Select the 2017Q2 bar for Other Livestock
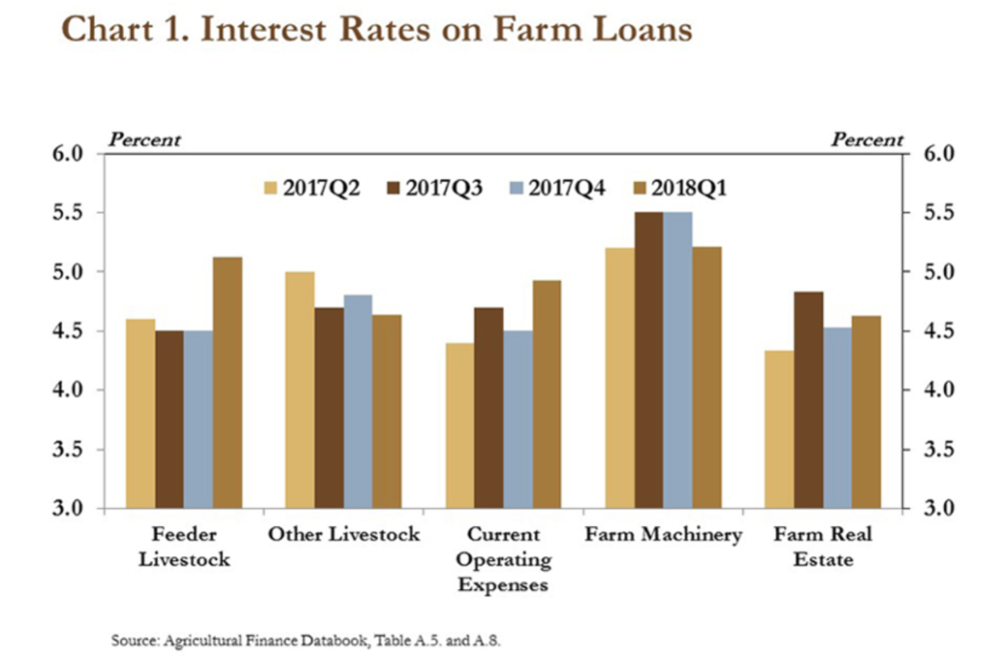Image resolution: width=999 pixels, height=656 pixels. tap(300, 389)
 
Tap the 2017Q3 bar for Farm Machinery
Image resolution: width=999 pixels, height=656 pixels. tap(649, 359)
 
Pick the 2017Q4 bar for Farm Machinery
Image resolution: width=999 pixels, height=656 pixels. tap(678, 359)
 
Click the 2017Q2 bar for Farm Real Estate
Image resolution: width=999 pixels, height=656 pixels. tap(779, 429)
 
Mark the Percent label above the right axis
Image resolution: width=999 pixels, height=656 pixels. tap(867, 140)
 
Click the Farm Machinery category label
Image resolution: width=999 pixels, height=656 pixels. tap(663, 535)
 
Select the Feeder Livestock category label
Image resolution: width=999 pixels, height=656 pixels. tap(184, 546)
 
